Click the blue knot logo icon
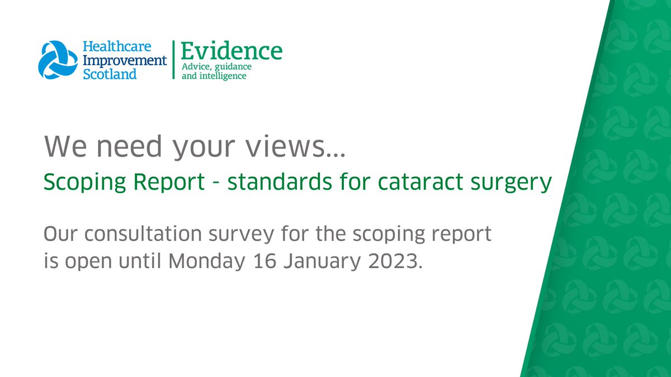tap(58, 59)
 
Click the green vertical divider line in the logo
tap(173, 60)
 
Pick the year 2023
tap(395, 261)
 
